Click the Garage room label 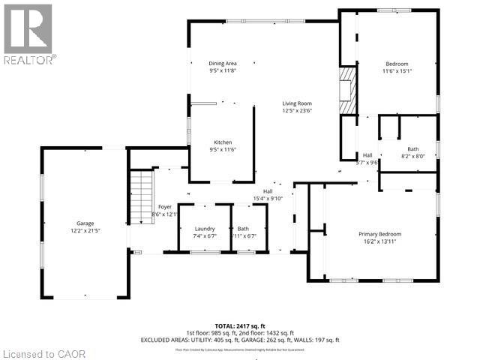85,223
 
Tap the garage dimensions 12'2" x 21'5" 85,231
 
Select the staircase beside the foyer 141,197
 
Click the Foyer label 165,206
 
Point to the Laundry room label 204,228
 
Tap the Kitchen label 223,142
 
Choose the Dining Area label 223,63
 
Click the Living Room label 297,103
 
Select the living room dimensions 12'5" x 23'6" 297,111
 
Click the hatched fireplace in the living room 346,91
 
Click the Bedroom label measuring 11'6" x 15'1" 397,64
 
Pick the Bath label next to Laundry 243,228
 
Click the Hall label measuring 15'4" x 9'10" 268,191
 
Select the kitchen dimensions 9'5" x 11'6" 223,149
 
